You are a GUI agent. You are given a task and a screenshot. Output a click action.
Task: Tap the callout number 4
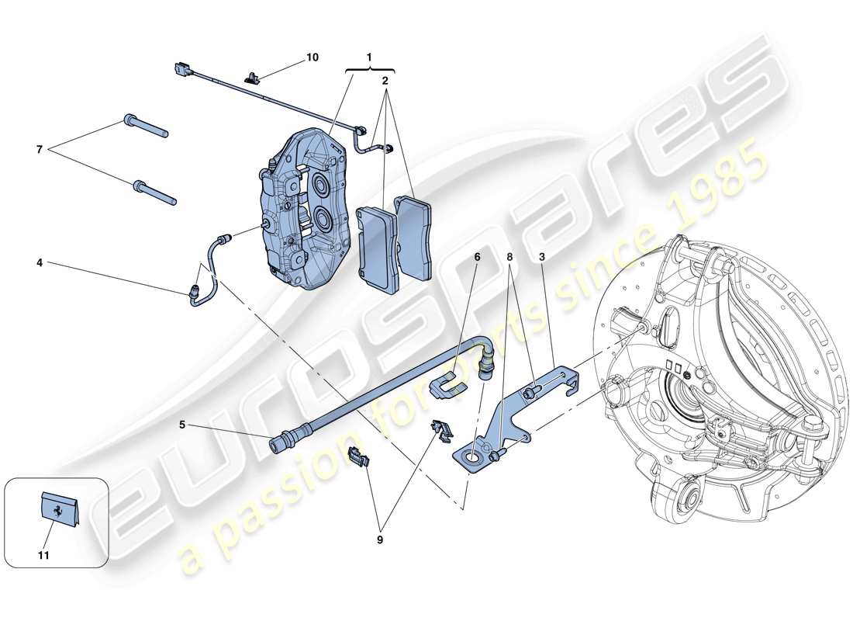39,263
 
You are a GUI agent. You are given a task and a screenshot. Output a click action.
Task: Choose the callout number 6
478,257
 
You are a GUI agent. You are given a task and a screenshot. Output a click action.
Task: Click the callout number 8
509,257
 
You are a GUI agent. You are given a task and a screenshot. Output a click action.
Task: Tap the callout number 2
385,80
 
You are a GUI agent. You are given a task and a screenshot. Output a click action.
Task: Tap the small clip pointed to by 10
252,76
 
